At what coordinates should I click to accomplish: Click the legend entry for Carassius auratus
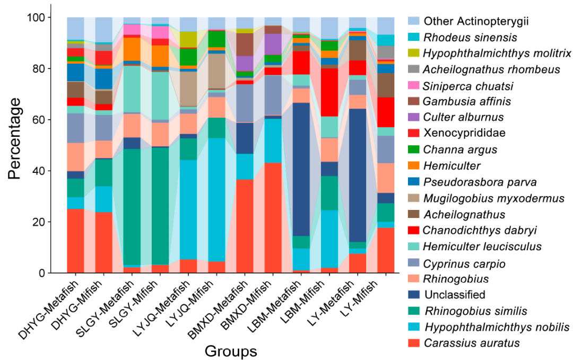[x=472, y=343]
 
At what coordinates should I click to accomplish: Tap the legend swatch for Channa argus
[x=414, y=150]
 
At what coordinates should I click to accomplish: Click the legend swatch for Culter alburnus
[x=414, y=118]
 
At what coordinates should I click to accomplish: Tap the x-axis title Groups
[x=231, y=351]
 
